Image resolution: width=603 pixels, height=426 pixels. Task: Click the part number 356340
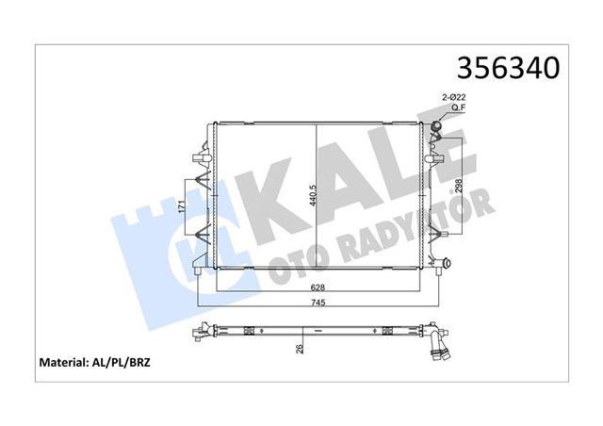pyautogui.click(x=508, y=69)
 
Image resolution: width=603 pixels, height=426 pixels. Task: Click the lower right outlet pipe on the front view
pyautogui.click(x=440, y=264)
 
